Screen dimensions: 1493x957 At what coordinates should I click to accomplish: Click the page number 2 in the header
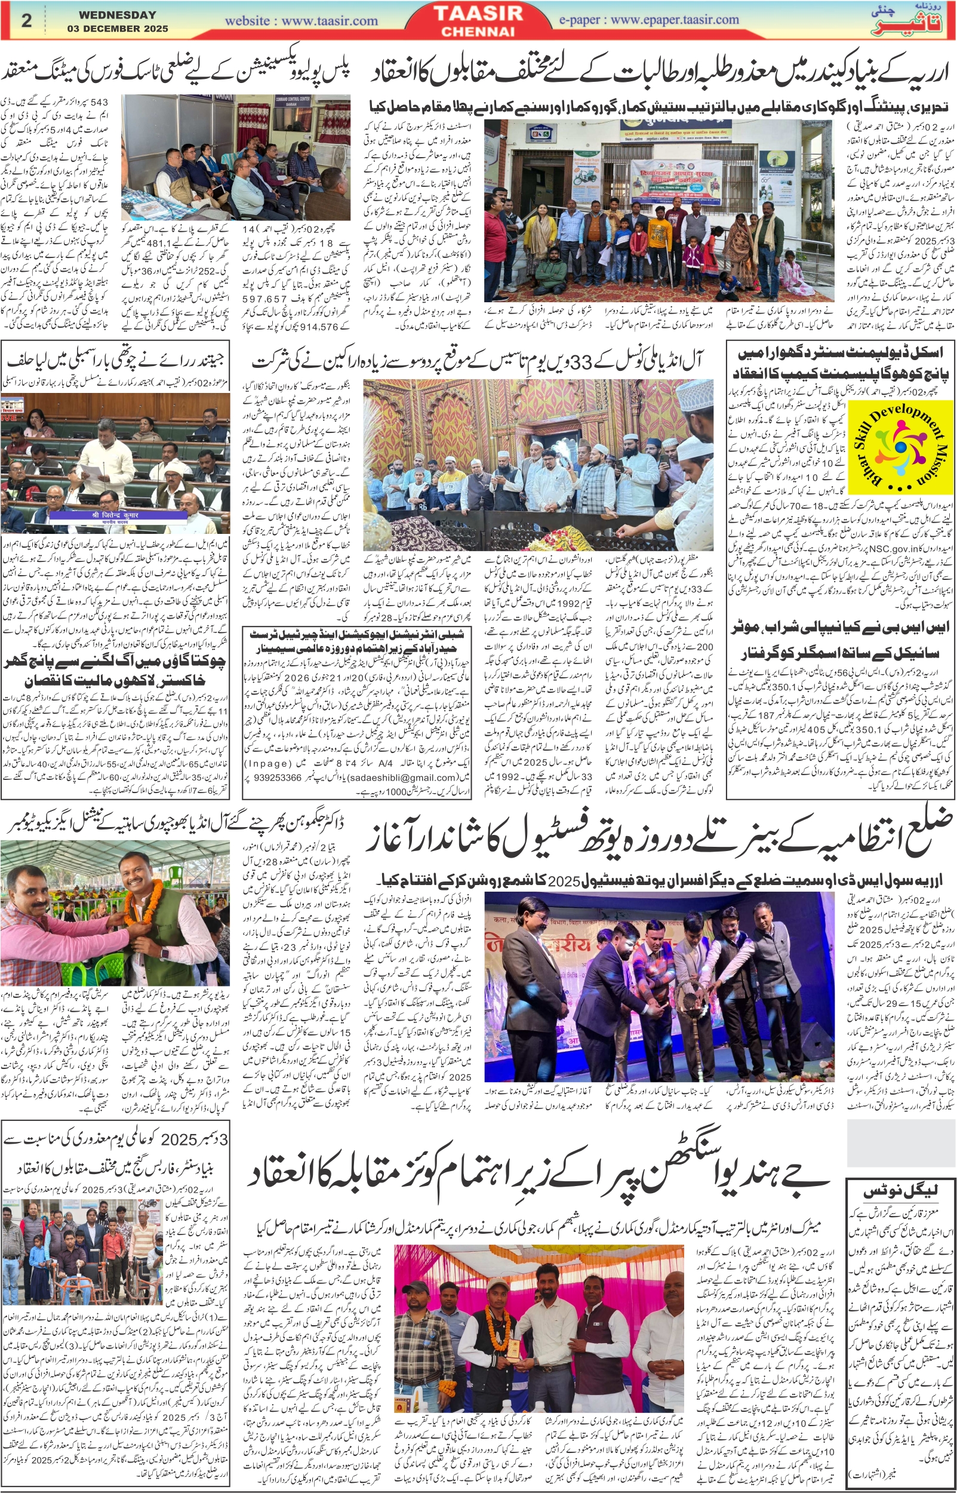click(26, 20)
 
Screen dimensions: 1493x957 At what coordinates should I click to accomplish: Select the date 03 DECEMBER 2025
click(118, 29)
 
